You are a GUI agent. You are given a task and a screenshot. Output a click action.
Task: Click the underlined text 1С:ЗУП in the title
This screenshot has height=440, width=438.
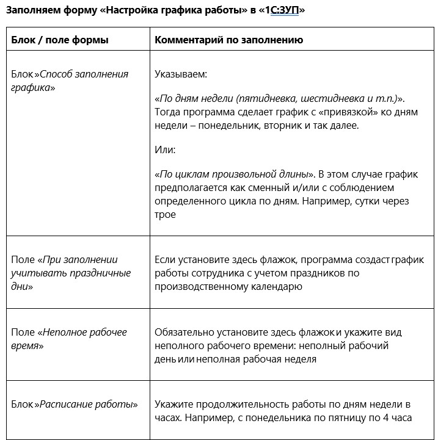282,11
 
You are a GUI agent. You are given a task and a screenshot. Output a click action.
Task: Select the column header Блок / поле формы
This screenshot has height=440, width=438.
60,40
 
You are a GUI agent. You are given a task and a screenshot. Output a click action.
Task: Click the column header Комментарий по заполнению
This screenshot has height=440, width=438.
229,40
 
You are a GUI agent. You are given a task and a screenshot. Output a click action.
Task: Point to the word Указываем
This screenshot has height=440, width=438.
181,74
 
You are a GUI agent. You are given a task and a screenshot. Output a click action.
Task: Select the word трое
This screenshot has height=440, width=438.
165,214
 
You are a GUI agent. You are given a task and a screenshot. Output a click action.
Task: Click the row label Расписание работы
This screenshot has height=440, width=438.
89,405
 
